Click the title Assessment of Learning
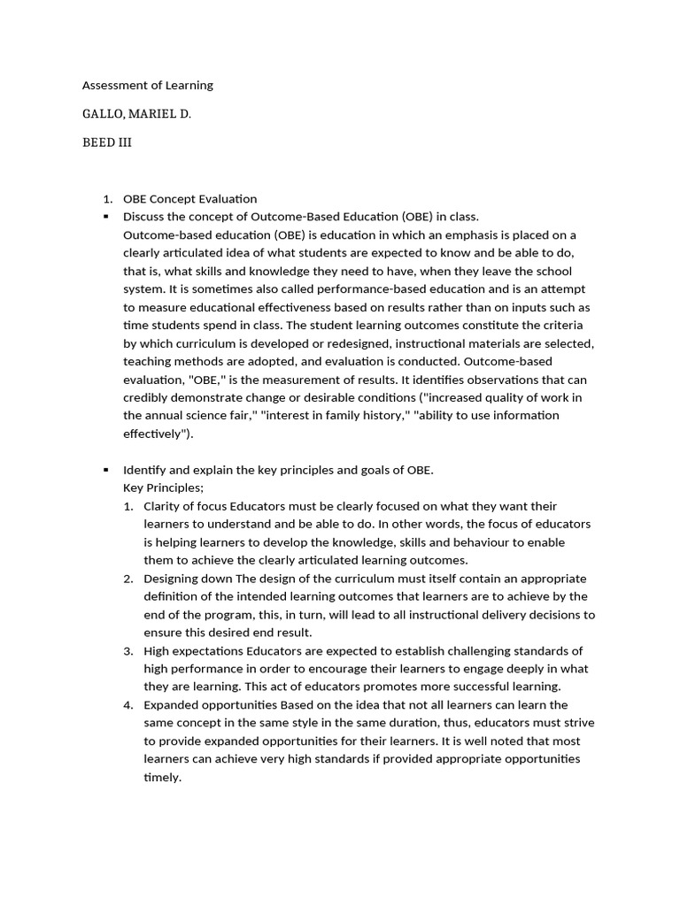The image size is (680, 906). pyautogui.click(x=147, y=85)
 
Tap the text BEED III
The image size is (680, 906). pyautogui.click(x=106, y=142)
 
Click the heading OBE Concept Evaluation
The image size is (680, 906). pyautogui.click(x=189, y=199)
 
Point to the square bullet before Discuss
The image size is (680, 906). pyautogui.click(x=105, y=217)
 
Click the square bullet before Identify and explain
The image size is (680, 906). pyautogui.click(x=105, y=470)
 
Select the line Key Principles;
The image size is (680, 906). pyautogui.click(x=163, y=488)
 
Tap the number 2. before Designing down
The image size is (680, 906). pyautogui.click(x=127, y=578)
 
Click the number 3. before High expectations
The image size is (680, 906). pyautogui.click(x=127, y=650)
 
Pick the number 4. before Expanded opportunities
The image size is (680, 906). pyautogui.click(x=127, y=704)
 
